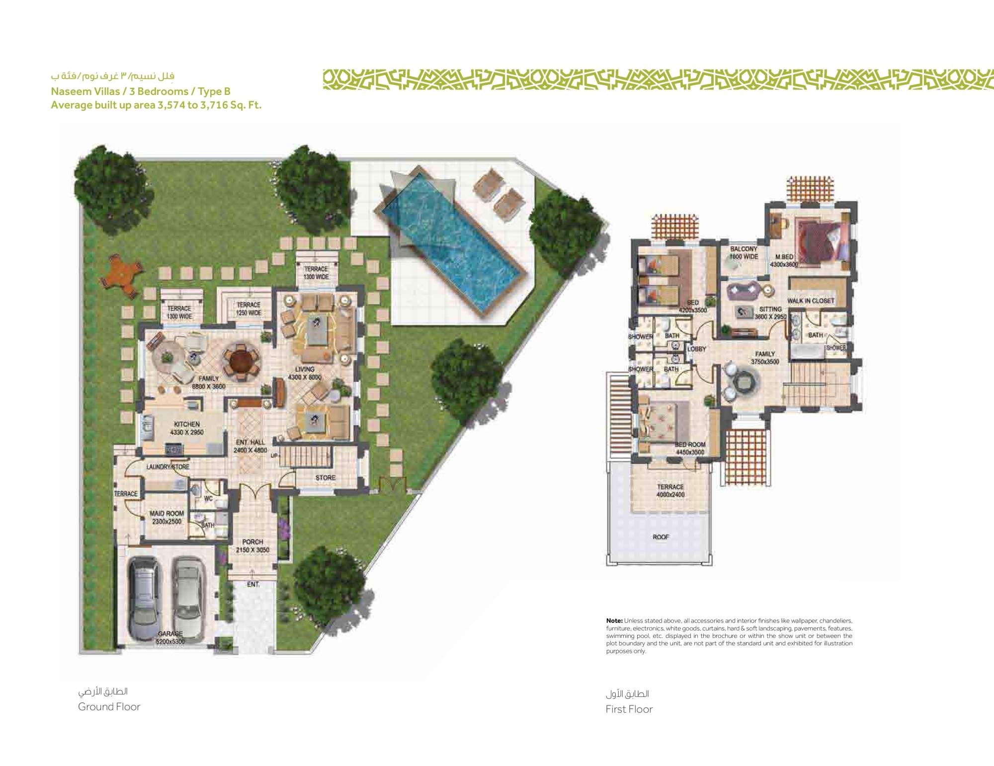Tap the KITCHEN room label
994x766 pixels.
point(187,428)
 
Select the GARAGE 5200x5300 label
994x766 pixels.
point(170,637)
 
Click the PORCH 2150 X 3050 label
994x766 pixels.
point(252,545)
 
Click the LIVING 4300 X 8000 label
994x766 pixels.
point(305,373)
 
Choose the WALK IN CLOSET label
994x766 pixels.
point(811,301)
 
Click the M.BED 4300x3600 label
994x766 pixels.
point(784,260)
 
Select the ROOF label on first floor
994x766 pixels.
point(661,536)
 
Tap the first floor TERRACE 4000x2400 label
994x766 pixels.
point(670,490)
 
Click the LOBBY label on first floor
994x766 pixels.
point(696,349)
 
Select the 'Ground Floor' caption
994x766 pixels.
point(109,706)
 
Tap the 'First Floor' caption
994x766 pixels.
point(629,709)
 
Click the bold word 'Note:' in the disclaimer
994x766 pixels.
point(614,620)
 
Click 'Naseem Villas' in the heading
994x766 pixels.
point(85,91)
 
